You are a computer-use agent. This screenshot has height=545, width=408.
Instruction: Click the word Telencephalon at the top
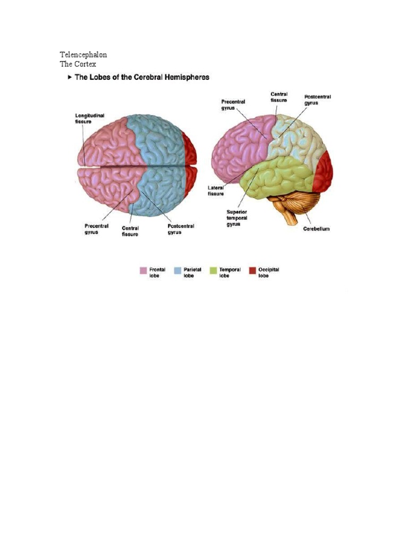pos(87,55)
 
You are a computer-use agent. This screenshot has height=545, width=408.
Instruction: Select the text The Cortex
pos(78,64)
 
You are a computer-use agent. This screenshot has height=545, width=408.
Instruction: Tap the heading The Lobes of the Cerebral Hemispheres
pos(142,77)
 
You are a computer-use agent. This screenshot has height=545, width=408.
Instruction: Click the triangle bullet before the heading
pos(70,77)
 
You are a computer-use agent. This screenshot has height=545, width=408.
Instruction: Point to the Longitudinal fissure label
pos(83,118)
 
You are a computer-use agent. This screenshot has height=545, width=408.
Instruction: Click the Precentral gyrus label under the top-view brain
pos(97,229)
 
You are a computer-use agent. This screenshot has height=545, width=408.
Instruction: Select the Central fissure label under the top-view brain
pos(130,232)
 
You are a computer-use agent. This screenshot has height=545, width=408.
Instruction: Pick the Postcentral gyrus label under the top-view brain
pos(181,229)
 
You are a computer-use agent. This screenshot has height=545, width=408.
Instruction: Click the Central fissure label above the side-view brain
pos(279,97)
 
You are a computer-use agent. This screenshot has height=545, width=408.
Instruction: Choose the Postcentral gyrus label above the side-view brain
pos(318,100)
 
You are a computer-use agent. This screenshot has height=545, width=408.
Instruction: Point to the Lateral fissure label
pos(216,191)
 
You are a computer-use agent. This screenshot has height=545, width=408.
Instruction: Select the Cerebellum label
pos(317,229)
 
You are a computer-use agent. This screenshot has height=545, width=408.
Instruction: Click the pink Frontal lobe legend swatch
pos(143,270)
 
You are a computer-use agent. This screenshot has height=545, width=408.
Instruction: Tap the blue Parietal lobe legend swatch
pos(178,270)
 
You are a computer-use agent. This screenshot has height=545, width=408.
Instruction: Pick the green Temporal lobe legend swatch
pos(214,270)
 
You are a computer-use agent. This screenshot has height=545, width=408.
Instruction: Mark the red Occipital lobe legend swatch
pos(252,270)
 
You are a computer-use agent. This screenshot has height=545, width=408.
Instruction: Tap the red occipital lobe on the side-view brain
pos(325,171)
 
